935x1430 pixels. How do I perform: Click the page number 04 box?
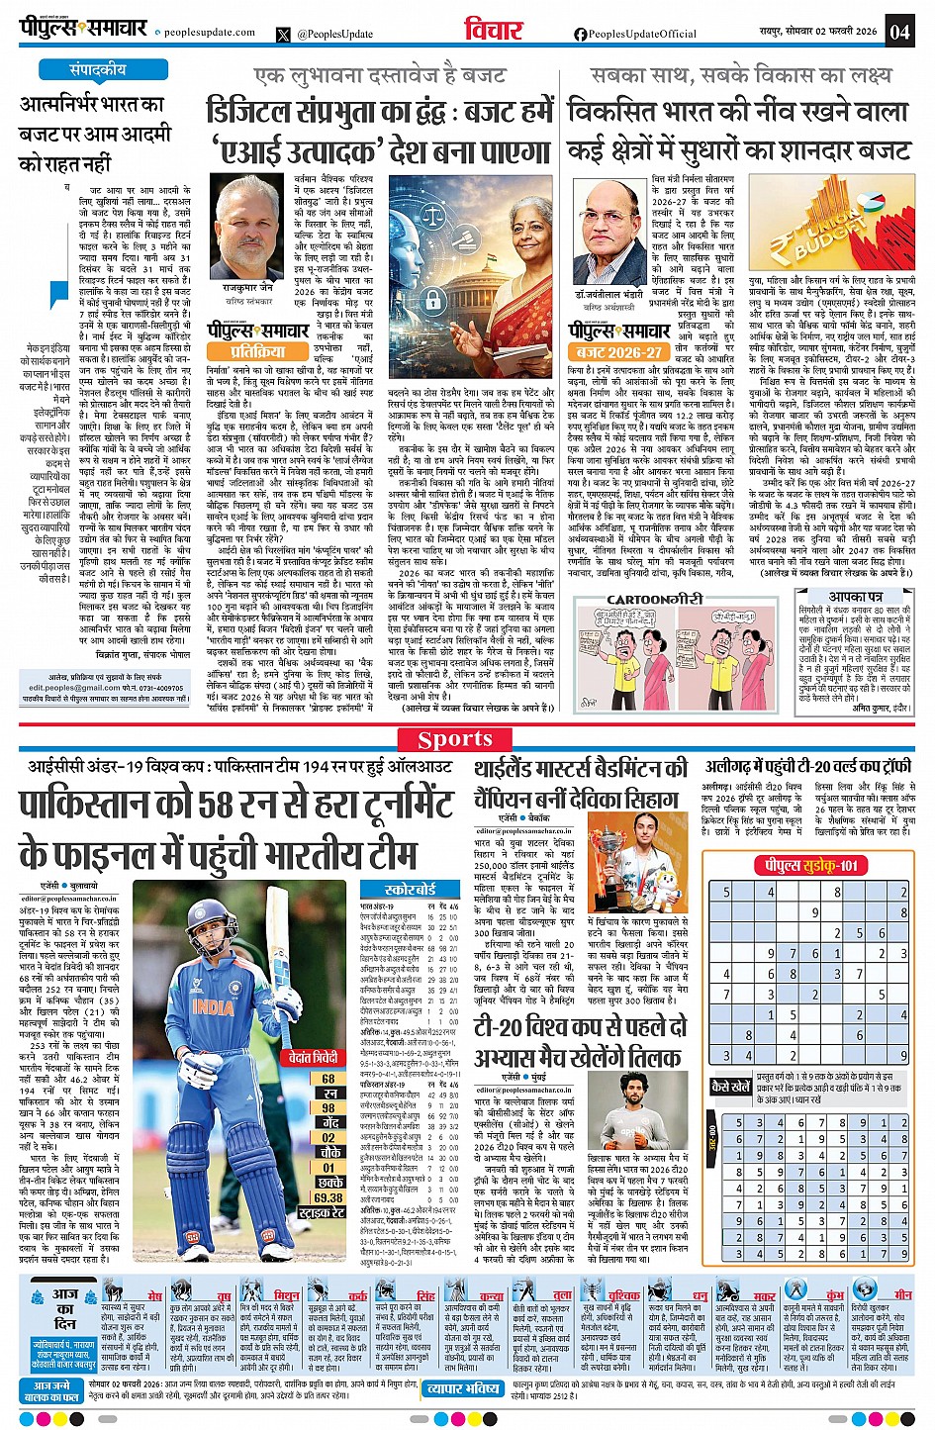pyautogui.click(x=898, y=31)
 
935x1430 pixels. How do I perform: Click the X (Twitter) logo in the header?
pyautogui.click(x=285, y=35)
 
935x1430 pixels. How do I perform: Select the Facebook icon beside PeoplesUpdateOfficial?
pyautogui.click(x=581, y=35)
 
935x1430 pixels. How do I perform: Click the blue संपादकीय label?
pyautogui.click(x=98, y=70)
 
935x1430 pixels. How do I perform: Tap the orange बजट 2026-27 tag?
pyautogui.click(x=619, y=352)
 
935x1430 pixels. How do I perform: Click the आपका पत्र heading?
pyautogui.click(x=856, y=597)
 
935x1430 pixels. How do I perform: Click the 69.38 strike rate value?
pyautogui.click(x=328, y=1197)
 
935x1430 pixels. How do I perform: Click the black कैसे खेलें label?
pyautogui.click(x=731, y=1087)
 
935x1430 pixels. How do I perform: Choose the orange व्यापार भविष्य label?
pyautogui.click(x=463, y=1389)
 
